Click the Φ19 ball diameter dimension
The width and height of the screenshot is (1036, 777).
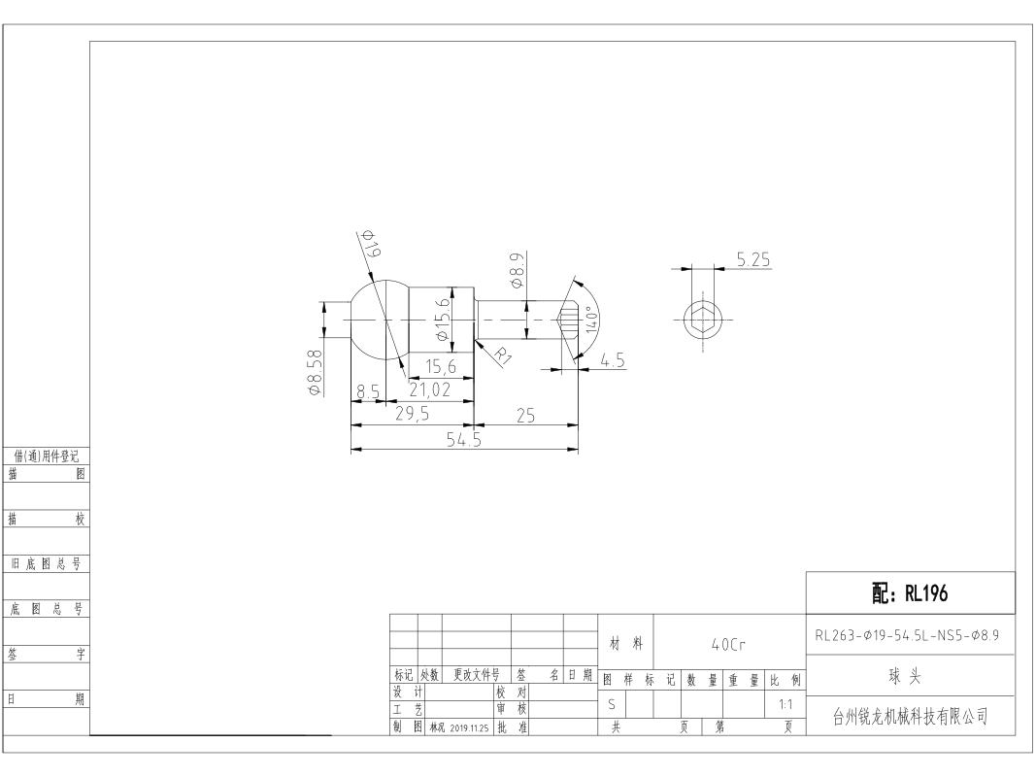click(x=370, y=244)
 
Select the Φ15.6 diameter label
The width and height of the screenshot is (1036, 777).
click(x=442, y=320)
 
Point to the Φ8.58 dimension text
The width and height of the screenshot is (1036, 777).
click(x=316, y=373)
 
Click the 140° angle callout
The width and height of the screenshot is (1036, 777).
click(x=592, y=321)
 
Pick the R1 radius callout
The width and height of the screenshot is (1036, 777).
click(x=504, y=355)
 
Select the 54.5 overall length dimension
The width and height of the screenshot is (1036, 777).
click(x=464, y=439)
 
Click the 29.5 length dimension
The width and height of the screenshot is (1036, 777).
click(x=412, y=414)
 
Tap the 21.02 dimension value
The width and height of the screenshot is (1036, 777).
click(x=429, y=389)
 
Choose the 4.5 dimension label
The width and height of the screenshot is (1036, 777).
click(x=613, y=360)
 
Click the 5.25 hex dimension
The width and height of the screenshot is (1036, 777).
click(x=753, y=259)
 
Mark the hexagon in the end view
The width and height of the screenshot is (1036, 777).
click(x=702, y=320)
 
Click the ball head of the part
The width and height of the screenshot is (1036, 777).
click(x=379, y=320)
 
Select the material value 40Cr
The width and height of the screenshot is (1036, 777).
click(x=728, y=644)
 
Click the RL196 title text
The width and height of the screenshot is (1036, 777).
click(x=925, y=593)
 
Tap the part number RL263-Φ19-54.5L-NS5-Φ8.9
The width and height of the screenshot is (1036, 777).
click(x=907, y=635)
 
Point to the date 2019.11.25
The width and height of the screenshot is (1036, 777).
click(x=469, y=728)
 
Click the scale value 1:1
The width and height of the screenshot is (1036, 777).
click(x=785, y=704)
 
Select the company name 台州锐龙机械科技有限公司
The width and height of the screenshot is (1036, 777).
click(x=910, y=716)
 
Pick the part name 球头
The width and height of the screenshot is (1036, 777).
click(x=905, y=676)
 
